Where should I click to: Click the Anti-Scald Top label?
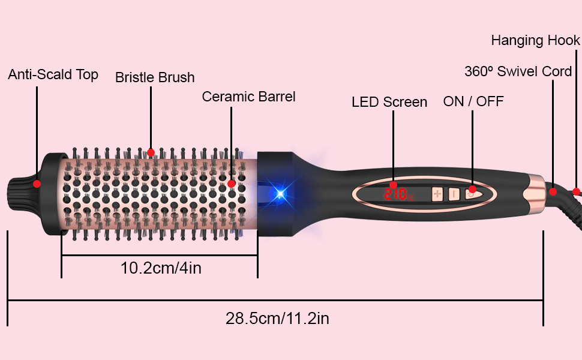[53, 74]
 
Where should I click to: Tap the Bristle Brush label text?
[155, 77]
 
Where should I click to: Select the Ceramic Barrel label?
[248, 97]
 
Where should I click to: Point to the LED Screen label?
[389, 102]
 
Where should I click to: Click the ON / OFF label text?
[473, 101]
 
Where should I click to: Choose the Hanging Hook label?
[536, 40]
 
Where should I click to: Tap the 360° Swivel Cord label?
[518, 71]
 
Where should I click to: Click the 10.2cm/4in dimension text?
[161, 268]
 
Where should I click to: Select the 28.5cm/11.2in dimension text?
[277, 319]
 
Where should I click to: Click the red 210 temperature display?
[398, 194]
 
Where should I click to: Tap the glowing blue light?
[281, 193]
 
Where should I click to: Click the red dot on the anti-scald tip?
[37, 184]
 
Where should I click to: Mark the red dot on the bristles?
[151, 152]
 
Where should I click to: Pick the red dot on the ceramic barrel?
[231, 184]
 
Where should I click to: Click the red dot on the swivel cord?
[553, 191]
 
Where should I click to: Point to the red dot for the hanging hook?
[576, 191]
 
